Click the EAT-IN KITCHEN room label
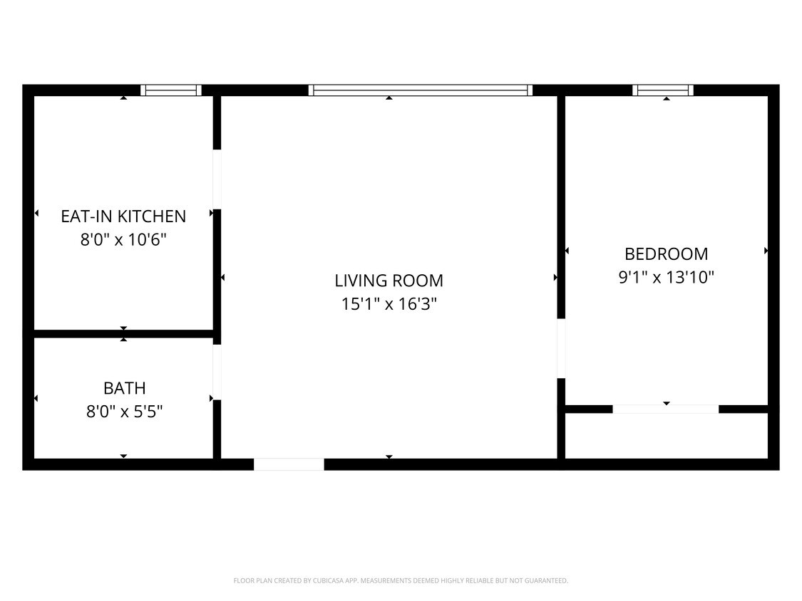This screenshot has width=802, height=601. (123, 216)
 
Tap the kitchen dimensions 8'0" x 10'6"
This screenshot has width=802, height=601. (123, 239)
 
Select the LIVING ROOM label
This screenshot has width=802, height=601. (389, 281)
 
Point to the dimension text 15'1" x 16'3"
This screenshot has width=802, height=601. (389, 304)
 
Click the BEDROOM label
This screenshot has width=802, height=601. (666, 254)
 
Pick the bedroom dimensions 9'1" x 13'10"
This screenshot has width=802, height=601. (666, 277)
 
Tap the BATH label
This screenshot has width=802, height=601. (125, 388)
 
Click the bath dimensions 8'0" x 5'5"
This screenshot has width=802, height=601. (125, 412)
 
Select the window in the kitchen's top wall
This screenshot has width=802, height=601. (171, 90)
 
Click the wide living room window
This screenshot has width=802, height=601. (421, 90)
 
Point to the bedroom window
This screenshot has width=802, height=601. (663, 90)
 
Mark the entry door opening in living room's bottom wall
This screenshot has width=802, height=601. (289, 464)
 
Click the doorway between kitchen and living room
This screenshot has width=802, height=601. (217, 179)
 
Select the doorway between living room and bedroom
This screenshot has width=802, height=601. (561, 348)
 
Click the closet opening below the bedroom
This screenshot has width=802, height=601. (666, 409)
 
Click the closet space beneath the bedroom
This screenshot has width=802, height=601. (666, 436)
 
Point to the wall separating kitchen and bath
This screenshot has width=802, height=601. (123, 333)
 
